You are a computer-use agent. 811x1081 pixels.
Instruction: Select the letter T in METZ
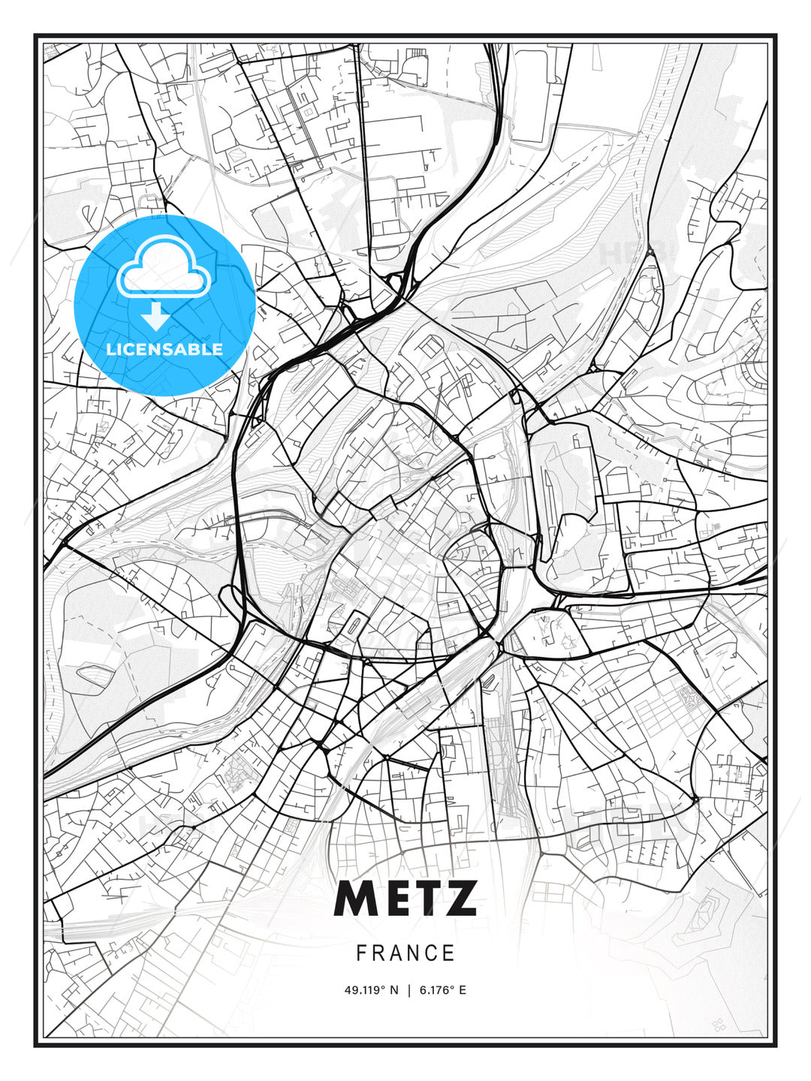click(x=425, y=898)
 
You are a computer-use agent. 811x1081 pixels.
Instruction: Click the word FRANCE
click(x=405, y=953)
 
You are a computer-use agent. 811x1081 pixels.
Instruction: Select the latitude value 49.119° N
click(x=372, y=990)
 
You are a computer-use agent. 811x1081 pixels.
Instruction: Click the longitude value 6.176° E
click(x=443, y=990)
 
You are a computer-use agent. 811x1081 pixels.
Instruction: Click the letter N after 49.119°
click(x=395, y=990)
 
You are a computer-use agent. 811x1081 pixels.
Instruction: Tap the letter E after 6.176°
click(x=463, y=990)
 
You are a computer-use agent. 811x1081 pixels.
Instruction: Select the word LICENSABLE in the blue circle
click(x=164, y=349)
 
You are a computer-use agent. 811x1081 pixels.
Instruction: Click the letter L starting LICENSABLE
click(x=110, y=349)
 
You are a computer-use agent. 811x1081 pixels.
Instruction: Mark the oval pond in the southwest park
click(x=95, y=673)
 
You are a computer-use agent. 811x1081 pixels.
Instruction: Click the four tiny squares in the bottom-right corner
click(x=719, y=1024)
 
